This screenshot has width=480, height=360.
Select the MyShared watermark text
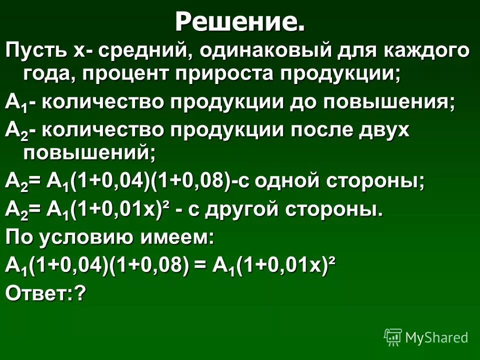pyautogui.click(x=436, y=337)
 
